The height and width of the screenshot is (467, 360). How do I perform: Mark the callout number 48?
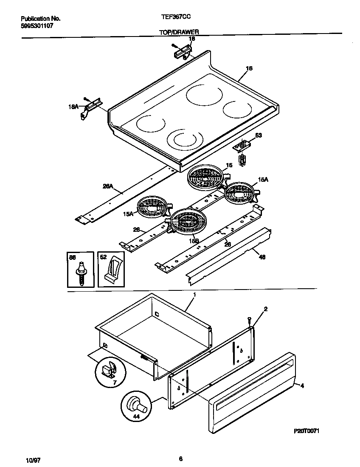point(262,257)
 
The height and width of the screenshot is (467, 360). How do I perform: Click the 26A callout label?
point(107,185)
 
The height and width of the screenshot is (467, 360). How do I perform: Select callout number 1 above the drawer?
point(194,294)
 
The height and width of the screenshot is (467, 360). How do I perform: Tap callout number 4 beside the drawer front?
point(302,385)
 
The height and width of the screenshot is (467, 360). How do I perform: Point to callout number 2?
point(265,309)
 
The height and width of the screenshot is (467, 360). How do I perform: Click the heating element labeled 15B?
point(186,222)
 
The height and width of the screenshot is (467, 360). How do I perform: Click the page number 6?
point(180,459)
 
